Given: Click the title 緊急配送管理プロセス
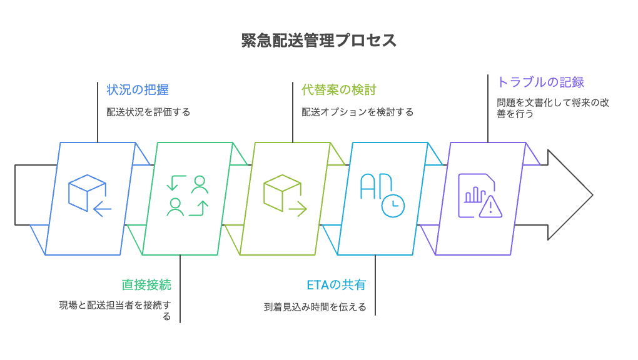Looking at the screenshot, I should [319, 41].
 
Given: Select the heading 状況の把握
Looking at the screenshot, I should [137, 89].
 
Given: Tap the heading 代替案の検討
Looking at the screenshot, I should [338, 89].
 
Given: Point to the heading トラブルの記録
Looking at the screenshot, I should [540, 82].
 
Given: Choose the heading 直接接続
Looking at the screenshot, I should [146, 285].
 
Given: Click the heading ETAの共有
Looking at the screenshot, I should [336, 285].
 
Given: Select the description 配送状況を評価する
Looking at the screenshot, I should [148, 112].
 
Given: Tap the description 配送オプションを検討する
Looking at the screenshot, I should [357, 112].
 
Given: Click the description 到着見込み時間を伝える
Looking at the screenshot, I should [315, 307].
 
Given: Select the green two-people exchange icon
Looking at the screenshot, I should [187, 196].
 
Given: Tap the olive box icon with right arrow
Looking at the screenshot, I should [284, 196].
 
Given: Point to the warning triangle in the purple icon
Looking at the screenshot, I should [490, 207].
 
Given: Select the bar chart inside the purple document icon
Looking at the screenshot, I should [473, 194].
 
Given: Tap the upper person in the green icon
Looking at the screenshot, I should [200, 183].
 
